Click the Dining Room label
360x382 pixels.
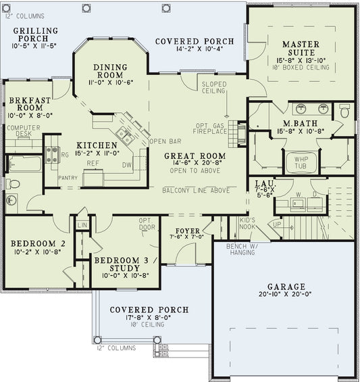pos(110,71)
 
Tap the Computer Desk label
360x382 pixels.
pos(20,130)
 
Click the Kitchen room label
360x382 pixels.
pos(97,145)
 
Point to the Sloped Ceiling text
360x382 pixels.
pos(214,87)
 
